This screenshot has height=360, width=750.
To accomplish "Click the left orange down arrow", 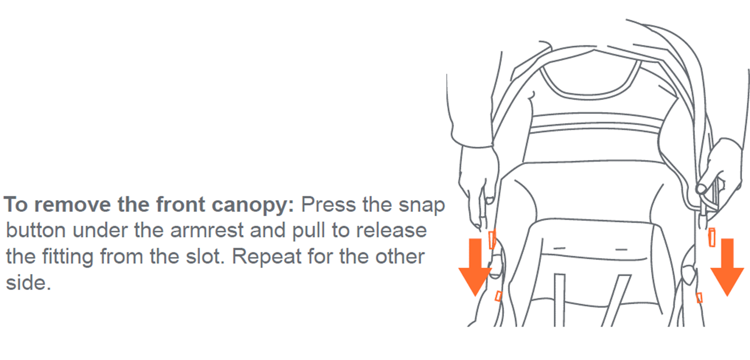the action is [x=475, y=267].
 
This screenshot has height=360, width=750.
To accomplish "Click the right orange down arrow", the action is [x=727, y=267].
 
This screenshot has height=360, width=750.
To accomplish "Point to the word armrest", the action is [x=207, y=230].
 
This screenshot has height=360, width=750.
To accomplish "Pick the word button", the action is [x=36, y=230].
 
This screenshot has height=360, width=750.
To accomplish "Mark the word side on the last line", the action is [x=28, y=283].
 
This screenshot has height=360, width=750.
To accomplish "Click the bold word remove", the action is [x=72, y=205].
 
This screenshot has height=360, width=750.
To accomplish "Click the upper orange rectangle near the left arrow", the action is [x=492, y=239].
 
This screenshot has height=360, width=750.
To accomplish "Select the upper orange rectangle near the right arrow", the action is [x=712, y=237].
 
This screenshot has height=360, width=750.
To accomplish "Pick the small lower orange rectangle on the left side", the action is [x=498, y=296].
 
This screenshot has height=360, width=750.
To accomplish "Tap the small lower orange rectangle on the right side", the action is [x=699, y=298].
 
